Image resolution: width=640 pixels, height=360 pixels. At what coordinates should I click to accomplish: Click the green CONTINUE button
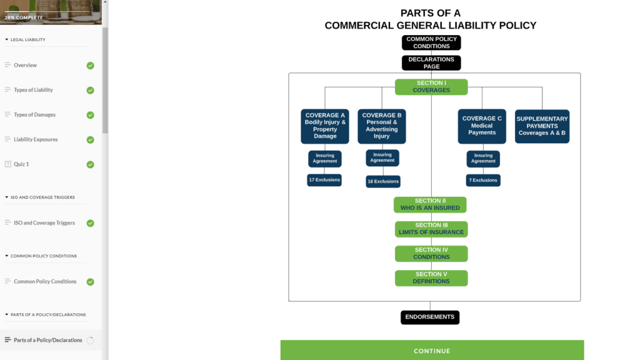(x=432, y=351)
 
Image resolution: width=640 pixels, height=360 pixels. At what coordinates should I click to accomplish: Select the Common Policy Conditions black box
(x=431, y=42)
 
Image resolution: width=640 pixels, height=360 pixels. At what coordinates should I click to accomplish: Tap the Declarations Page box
(x=431, y=63)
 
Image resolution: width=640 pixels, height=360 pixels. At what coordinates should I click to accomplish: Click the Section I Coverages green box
(x=431, y=87)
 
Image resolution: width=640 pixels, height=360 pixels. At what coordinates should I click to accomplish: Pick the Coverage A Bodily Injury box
(x=325, y=126)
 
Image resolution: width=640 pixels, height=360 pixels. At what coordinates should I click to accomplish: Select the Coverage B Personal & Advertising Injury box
(x=382, y=126)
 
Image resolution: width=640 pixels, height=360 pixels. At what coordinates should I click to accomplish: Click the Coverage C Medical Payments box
(x=482, y=126)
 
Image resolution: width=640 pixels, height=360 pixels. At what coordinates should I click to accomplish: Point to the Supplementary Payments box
(x=542, y=126)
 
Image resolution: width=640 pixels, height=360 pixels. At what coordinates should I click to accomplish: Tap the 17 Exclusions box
(x=324, y=180)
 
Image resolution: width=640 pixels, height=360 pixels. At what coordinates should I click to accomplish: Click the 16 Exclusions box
(x=383, y=181)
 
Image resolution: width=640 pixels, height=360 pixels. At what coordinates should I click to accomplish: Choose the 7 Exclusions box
(x=483, y=180)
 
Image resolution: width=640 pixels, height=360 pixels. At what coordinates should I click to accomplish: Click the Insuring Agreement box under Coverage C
(x=483, y=159)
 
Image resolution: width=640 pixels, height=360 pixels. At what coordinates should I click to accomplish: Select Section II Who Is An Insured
(x=430, y=204)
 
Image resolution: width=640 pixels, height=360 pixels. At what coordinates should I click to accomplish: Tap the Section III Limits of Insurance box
(x=431, y=229)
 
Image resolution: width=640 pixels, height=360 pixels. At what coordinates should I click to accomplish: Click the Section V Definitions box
(x=431, y=278)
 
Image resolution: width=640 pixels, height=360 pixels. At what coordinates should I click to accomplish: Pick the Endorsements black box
(x=430, y=317)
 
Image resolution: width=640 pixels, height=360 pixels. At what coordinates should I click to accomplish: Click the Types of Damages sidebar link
(x=34, y=115)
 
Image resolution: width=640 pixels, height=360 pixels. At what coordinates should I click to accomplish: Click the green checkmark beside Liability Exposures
(x=91, y=140)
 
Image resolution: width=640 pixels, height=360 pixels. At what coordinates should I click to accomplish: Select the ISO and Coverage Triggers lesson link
(x=44, y=223)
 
